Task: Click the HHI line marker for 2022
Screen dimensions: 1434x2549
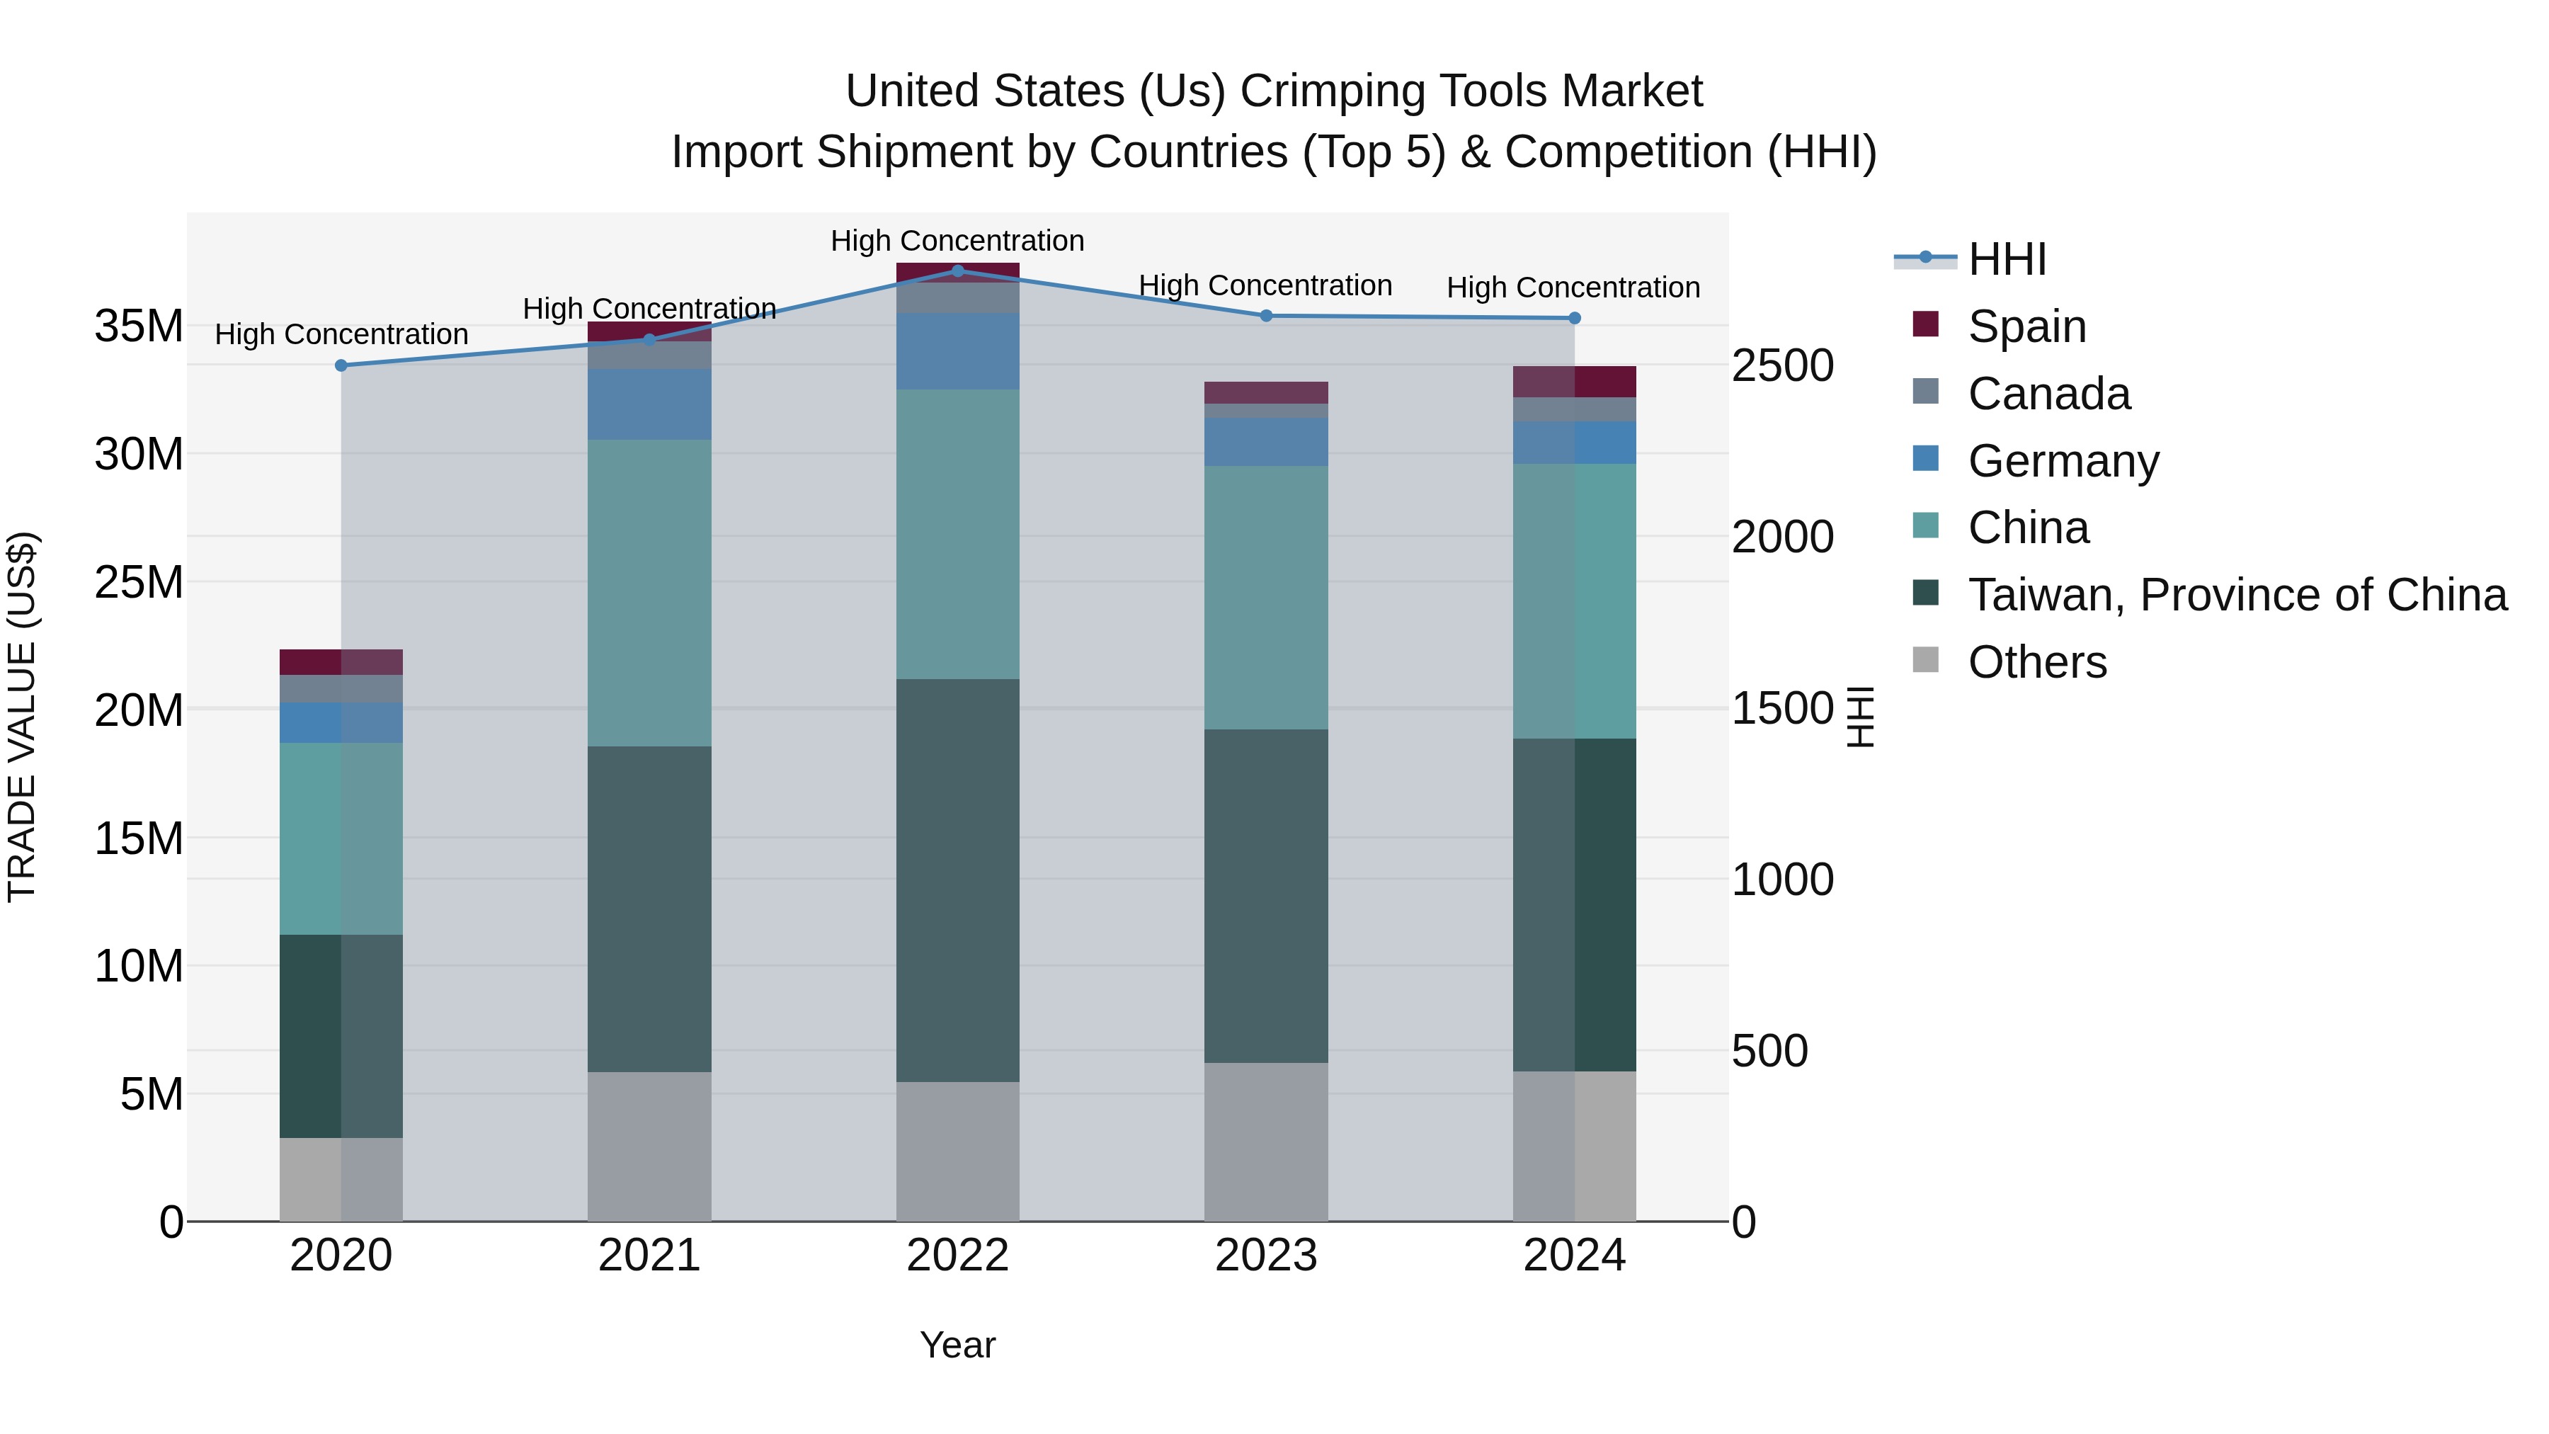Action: (957, 271)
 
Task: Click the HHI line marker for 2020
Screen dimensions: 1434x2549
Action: (341, 365)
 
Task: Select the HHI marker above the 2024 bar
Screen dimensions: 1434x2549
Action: (1574, 318)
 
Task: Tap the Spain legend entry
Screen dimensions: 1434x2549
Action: (2026, 326)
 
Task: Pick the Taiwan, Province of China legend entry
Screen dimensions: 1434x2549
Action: (2236, 595)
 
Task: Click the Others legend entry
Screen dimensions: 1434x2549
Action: (2036, 662)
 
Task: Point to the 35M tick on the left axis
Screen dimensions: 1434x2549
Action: (139, 326)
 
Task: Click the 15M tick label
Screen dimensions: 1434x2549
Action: (139, 839)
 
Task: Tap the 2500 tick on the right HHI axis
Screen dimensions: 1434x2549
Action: (1782, 366)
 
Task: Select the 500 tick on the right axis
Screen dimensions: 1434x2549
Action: (1769, 1051)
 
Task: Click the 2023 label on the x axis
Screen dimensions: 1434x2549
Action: (1265, 1256)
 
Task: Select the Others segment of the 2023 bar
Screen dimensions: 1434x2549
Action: (1265, 1142)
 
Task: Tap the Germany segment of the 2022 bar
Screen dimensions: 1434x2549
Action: (957, 351)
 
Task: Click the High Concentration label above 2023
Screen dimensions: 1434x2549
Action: (1265, 285)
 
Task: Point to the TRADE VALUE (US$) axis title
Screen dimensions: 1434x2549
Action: (23, 717)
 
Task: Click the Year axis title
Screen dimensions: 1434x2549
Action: (957, 1345)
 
